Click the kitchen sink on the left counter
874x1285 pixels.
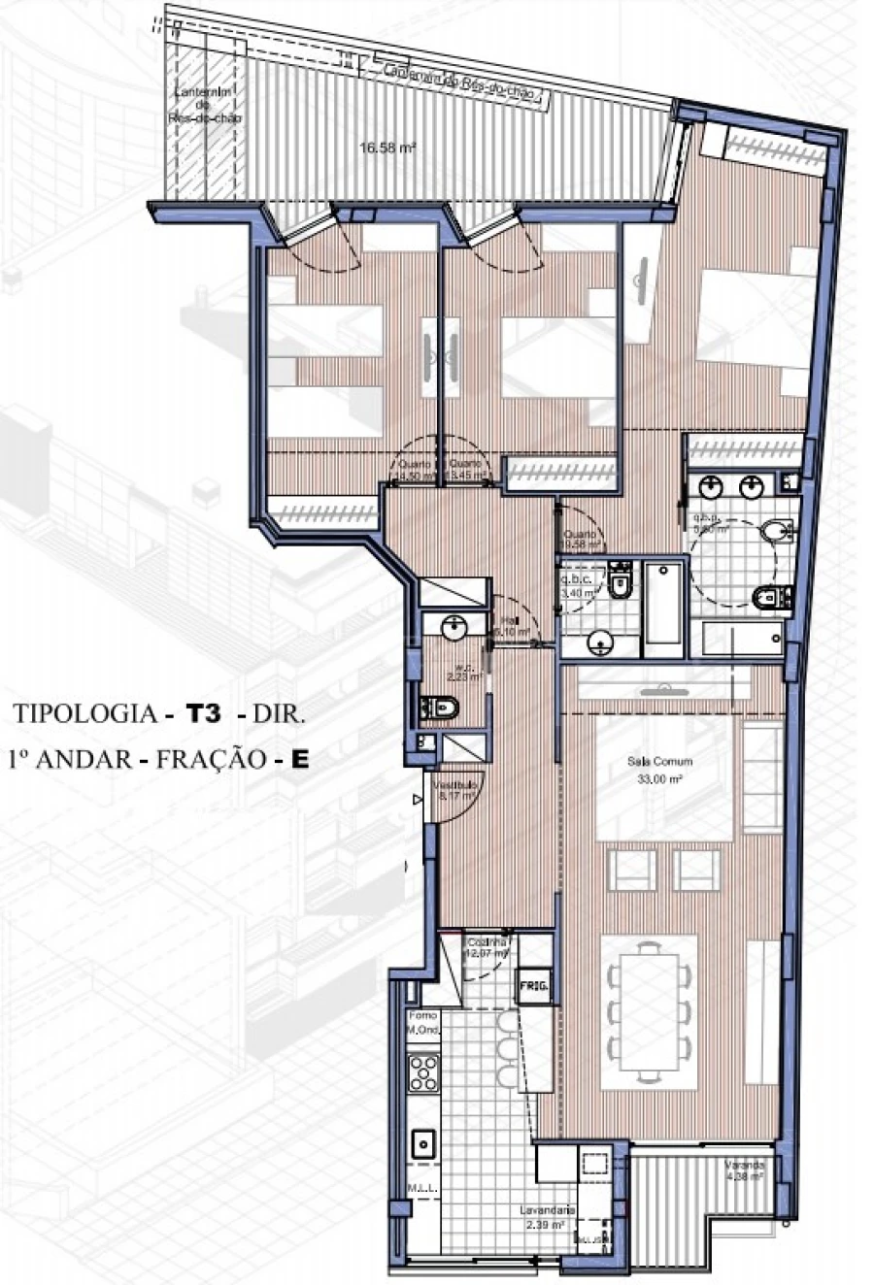(x=422, y=1144)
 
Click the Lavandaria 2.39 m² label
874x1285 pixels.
(x=547, y=1216)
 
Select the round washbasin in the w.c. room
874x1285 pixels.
(x=454, y=629)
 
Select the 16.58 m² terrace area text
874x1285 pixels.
(x=387, y=148)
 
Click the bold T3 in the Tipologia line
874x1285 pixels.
(x=204, y=714)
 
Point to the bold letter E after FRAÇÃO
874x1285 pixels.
(x=299, y=759)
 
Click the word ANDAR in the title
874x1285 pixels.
(x=83, y=759)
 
